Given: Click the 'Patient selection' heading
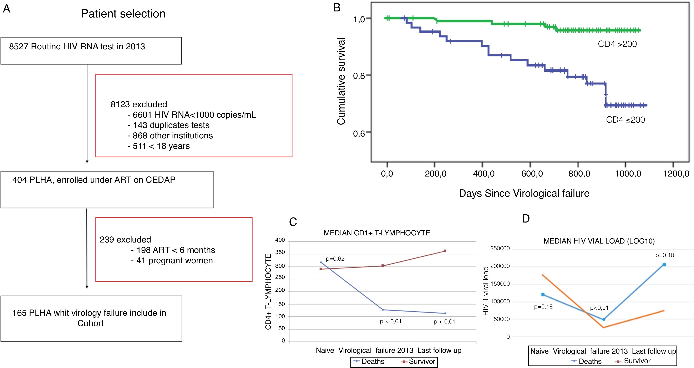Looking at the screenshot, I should tap(123, 14).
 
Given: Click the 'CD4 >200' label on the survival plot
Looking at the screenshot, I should tap(617, 44).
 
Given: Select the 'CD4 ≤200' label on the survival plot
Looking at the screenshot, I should tap(625, 120).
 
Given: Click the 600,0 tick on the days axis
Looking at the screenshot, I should tap(532, 174).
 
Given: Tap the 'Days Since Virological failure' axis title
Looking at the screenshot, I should tap(524, 193).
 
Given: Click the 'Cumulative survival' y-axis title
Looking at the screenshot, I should tap(341, 81).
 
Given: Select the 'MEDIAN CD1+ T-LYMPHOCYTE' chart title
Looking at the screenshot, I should tap(377, 233).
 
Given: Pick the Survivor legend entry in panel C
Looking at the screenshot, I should tap(418, 362).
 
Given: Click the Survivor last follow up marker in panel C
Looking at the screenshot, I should tap(445, 251).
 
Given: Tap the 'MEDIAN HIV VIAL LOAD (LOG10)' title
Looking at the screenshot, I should tap(599, 241).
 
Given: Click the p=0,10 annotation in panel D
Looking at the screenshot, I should tap(665, 255).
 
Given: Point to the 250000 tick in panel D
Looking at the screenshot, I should tap(500, 248).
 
